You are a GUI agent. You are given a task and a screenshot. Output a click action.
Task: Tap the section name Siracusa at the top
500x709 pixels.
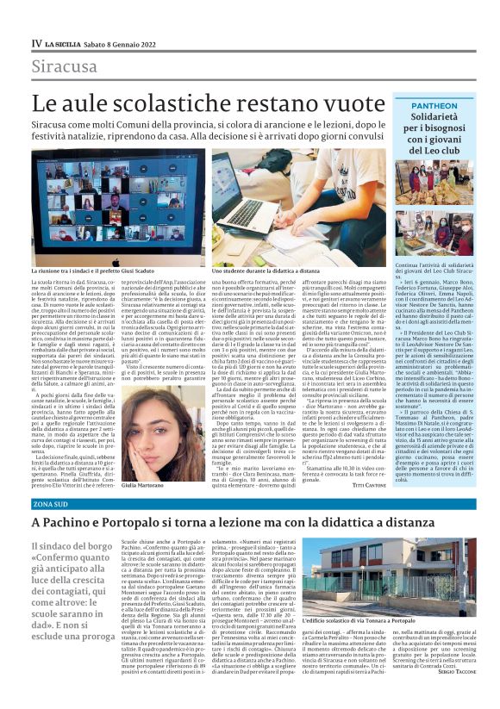pos(64,66)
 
